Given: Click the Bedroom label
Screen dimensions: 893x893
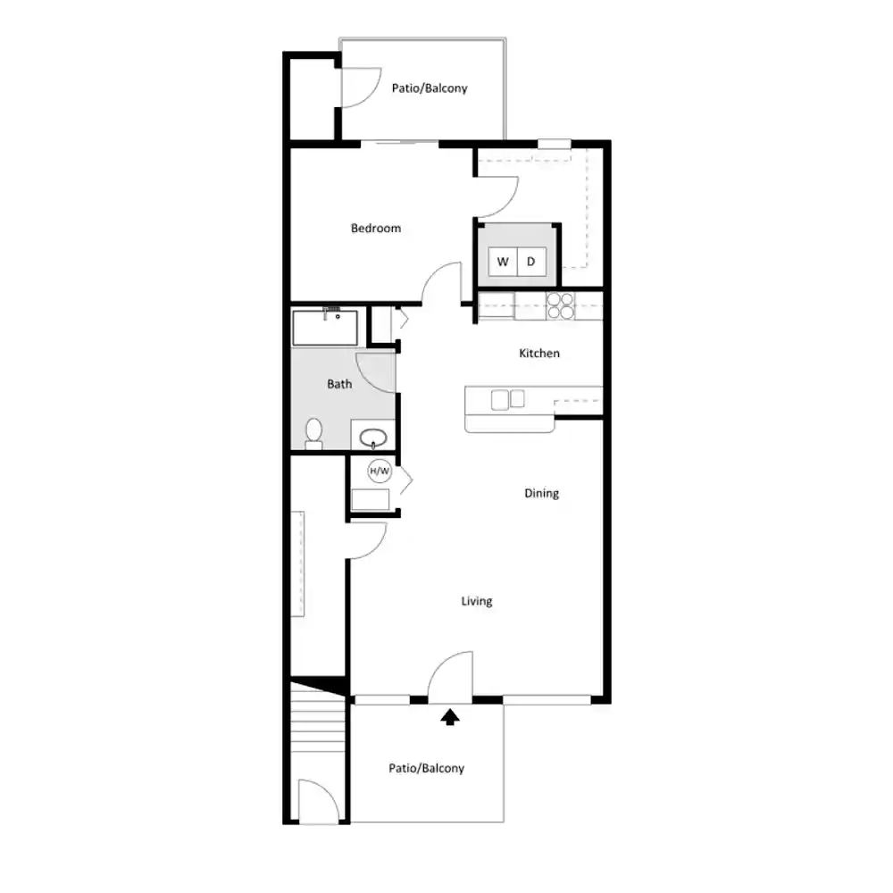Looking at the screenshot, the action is click(x=376, y=229).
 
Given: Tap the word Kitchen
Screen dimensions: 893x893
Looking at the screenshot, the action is click(x=539, y=353).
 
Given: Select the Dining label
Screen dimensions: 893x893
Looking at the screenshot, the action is click(x=542, y=493).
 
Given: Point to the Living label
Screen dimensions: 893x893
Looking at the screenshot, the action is click(x=477, y=601).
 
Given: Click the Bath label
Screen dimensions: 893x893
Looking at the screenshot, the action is click(x=339, y=384).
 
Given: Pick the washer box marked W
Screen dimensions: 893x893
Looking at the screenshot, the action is click(x=503, y=262).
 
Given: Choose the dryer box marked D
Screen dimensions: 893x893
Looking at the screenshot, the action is click(x=531, y=262).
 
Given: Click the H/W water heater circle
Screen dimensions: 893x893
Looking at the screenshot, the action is click(x=380, y=471).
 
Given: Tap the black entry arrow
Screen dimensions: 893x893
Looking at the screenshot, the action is click(x=450, y=717).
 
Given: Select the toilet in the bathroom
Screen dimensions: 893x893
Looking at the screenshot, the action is click(x=313, y=433).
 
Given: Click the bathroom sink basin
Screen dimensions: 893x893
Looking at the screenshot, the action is click(x=373, y=438).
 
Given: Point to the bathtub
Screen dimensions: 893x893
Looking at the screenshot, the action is click(x=325, y=328).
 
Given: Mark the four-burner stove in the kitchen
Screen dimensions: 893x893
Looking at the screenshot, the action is click(x=561, y=305).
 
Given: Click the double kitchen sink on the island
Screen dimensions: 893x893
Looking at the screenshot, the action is click(x=508, y=399).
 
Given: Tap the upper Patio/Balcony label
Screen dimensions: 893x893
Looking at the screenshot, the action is click(x=430, y=88).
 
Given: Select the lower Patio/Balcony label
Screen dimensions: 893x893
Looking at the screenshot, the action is click(x=427, y=768).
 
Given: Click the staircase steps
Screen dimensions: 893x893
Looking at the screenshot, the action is click(x=319, y=723).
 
